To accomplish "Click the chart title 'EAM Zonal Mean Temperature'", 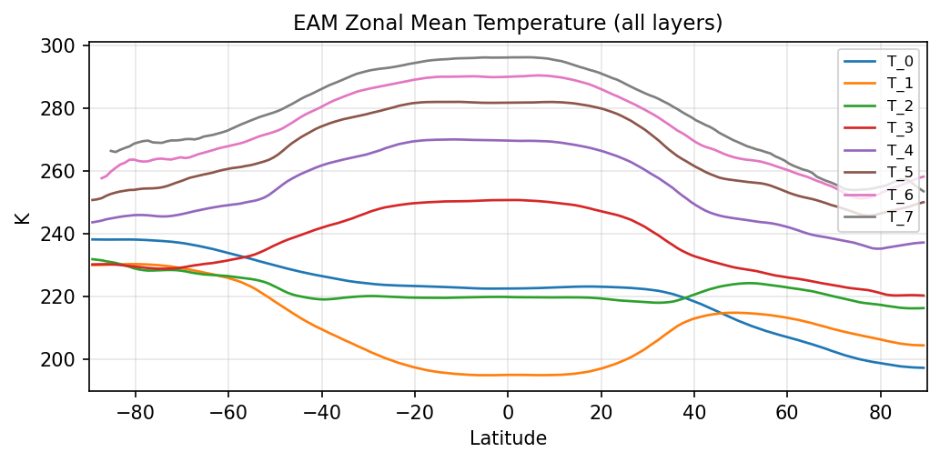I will coord(508,24).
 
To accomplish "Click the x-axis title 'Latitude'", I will coord(508,439).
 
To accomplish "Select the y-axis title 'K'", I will coord(21,218).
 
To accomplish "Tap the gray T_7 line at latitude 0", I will coord(508,57).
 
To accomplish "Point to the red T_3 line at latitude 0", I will coord(508,200).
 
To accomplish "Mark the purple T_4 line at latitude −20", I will coord(414,141).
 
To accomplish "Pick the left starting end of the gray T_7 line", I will coord(110,151).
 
